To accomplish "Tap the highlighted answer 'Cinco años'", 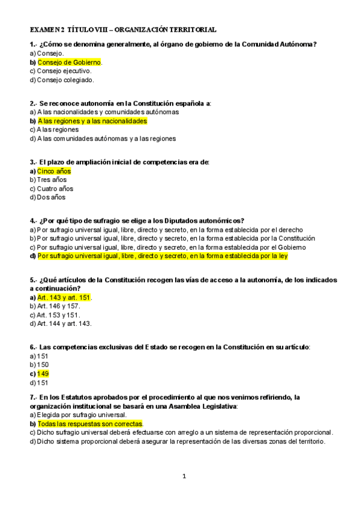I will [54, 171].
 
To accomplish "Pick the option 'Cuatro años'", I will [55, 188].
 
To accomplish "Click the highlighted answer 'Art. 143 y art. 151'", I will [64, 298].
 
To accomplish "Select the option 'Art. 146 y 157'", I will [58, 306].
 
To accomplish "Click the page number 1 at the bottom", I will [185, 477].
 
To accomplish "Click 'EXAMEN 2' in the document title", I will [47, 29].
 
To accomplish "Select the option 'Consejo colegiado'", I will [65, 79].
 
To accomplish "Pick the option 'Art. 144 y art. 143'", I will [64, 324].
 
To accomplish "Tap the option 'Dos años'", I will [51, 197].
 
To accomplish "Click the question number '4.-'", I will [34, 220].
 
